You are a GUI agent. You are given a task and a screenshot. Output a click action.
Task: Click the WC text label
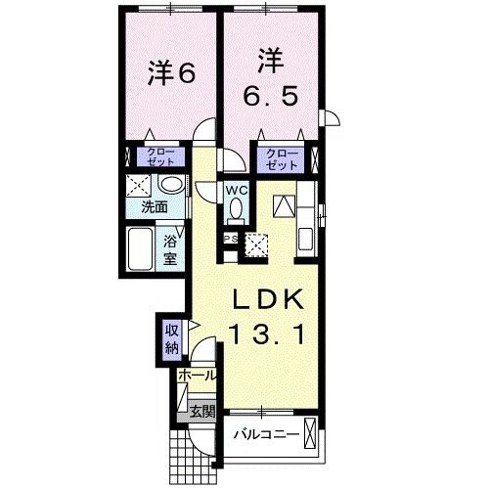(239, 190)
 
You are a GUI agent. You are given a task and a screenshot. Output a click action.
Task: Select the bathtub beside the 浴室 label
(141, 249)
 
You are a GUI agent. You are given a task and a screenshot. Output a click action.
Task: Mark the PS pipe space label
(231, 238)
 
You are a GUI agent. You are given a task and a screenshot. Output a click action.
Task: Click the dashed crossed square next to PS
(257, 244)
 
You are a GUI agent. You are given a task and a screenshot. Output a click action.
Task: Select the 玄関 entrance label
(202, 411)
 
